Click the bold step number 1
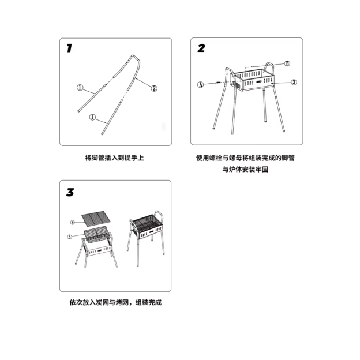(69, 48)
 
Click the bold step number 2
(201, 48)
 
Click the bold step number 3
(70, 192)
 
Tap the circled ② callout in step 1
(154, 88)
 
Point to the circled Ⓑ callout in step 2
(287, 63)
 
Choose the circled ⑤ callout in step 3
(69, 236)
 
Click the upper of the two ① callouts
(81, 88)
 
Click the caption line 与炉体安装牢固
(246, 170)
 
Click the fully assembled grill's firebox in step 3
(145, 227)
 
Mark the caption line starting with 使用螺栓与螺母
(247, 157)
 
